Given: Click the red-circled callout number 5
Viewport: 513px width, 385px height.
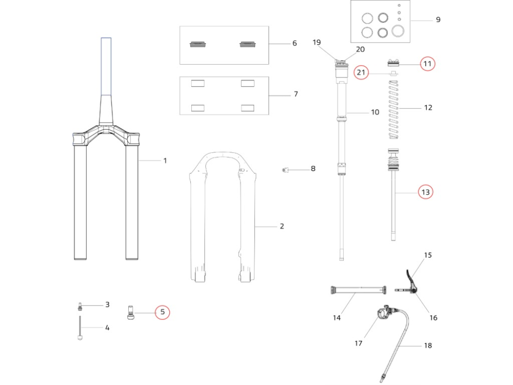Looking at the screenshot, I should pos(163,312).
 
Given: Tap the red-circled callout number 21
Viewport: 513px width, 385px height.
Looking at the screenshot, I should pos(361,73).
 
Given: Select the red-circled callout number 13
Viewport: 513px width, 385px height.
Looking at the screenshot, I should pos(425,192).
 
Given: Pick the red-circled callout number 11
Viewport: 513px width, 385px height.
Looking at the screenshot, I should pos(427,64).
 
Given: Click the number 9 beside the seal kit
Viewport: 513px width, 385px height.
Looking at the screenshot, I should pos(438,20).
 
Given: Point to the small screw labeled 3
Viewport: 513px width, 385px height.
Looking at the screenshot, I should pos(80,306).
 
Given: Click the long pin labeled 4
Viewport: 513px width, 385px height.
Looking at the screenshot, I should pos(80,329).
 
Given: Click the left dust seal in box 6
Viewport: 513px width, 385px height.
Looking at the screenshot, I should pos(198,45).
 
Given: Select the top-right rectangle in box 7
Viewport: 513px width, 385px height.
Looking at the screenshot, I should pos(248,83).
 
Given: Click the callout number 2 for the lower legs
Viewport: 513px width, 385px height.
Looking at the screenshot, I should pos(282,226).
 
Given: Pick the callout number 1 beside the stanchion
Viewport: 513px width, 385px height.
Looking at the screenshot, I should pos(165,161).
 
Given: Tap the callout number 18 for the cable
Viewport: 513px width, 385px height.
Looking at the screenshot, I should pos(427,345).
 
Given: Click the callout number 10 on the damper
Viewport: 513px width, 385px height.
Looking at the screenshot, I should pos(375,112).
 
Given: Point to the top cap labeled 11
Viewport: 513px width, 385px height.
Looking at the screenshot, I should pos(393,63).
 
